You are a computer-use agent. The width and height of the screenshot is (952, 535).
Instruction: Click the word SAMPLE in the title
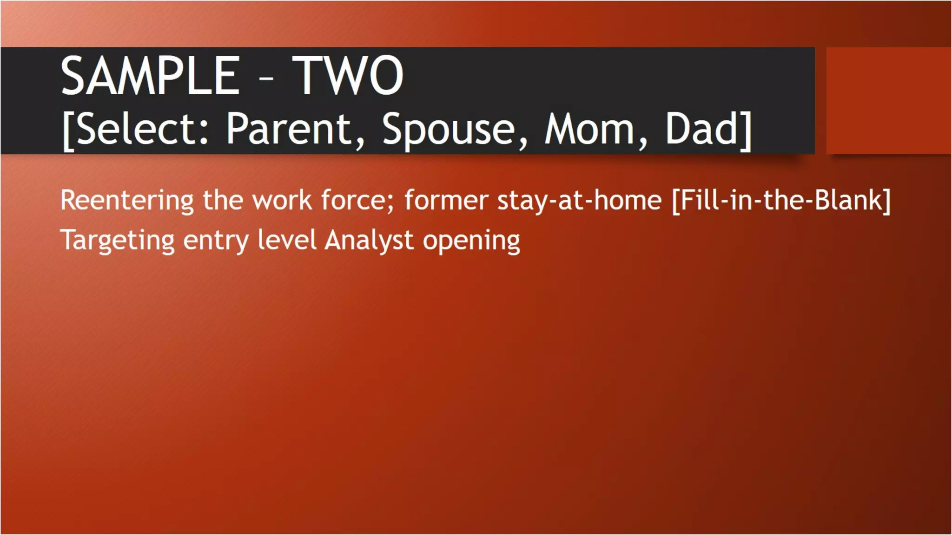150,76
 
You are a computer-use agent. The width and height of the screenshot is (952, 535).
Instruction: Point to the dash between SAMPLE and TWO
266,79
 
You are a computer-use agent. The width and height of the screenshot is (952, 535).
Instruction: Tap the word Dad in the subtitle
702,129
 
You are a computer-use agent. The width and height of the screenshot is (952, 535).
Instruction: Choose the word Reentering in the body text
127,201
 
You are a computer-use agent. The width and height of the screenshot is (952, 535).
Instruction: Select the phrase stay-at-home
579,201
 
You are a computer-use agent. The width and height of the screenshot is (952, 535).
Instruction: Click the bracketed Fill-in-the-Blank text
781,201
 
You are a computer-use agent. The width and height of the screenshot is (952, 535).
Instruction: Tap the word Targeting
118,241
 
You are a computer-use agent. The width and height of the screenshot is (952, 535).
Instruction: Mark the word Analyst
369,241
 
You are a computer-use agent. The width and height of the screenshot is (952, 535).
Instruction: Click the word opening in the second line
471,241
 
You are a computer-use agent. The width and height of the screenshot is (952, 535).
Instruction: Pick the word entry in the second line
216,241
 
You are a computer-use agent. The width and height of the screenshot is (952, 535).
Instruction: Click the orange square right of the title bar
888,100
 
